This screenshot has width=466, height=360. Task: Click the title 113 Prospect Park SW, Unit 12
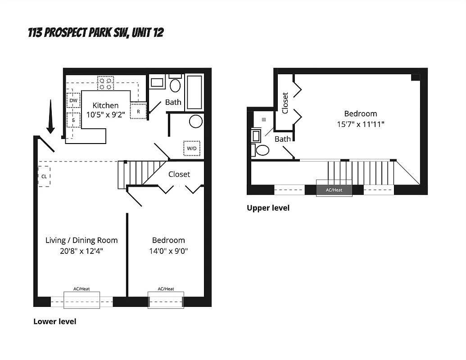coord(95,32)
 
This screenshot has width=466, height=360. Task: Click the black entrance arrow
coord(50,117)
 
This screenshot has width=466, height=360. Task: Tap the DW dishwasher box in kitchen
coord(73,100)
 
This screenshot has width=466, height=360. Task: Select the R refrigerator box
coord(138,111)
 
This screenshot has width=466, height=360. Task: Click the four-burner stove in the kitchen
coord(105,83)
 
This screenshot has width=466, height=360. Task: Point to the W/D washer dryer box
coord(192,148)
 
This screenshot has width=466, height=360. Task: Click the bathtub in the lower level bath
coord(194,92)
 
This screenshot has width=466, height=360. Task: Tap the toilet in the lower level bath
coord(175,85)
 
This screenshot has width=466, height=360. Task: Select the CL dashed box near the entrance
coord(44,176)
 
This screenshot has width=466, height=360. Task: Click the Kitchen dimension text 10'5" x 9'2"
coord(105,115)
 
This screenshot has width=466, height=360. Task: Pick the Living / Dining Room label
coord(81,240)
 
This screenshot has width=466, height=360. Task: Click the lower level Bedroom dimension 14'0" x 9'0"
coord(168,251)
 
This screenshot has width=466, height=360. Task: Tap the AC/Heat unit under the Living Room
coord(81,300)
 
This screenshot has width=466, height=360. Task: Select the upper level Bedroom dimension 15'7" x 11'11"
coord(361,124)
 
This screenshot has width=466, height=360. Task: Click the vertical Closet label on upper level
coord(285,103)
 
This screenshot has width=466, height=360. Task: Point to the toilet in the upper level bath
coord(262,150)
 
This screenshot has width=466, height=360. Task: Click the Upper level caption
coord(268,208)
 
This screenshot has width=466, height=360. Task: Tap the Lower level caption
coord(54,321)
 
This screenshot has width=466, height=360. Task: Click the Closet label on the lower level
coord(179,174)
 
